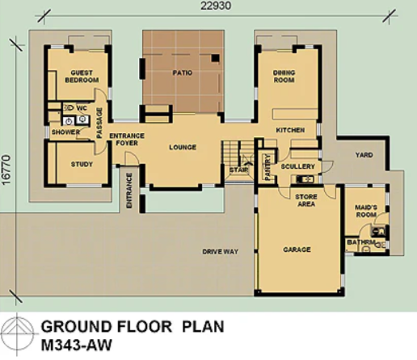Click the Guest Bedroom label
pyautogui.click(x=82, y=77)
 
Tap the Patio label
pyautogui.click(x=183, y=73)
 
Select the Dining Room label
pyautogui.click(x=284, y=76)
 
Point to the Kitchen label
pyautogui.click(x=290, y=130)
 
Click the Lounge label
pyautogui.click(x=183, y=147)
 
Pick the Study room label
pyautogui.click(x=82, y=164)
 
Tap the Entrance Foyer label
pyautogui.click(x=127, y=139)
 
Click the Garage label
pyautogui.click(x=297, y=249)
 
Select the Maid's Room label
pyautogui.click(x=366, y=211)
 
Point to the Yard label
pyautogui.click(x=364, y=155)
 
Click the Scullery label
pyautogui.click(x=297, y=166)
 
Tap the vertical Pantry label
pyautogui.click(x=267, y=167)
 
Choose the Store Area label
pyautogui.click(x=306, y=200)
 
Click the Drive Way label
pyautogui.click(x=221, y=252)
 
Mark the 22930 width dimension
pyautogui.click(x=216, y=6)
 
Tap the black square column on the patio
pyautogui.click(x=215, y=58)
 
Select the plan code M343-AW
pyautogui.click(x=76, y=345)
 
